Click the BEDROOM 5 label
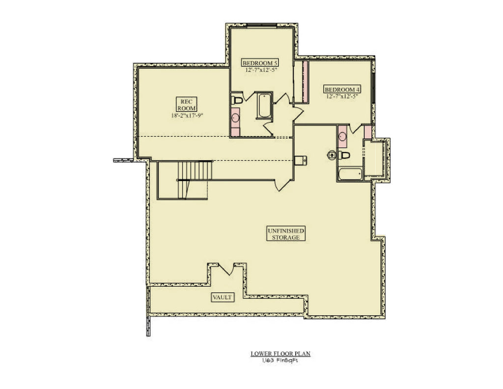tap(261, 63)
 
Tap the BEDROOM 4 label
tap(342, 90)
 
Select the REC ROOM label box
tap(187, 104)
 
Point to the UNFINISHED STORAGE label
tap(286, 234)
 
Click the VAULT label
tap(223, 297)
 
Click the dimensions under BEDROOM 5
tap(261, 70)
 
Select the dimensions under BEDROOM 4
tap(342, 96)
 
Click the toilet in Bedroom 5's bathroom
tap(237, 100)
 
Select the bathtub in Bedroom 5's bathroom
tap(264, 105)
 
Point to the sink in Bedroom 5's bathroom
tap(236, 118)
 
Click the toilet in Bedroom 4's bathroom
tap(345, 155)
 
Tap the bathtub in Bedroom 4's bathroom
tap(350, 174)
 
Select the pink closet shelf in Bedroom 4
tap(305, 82)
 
